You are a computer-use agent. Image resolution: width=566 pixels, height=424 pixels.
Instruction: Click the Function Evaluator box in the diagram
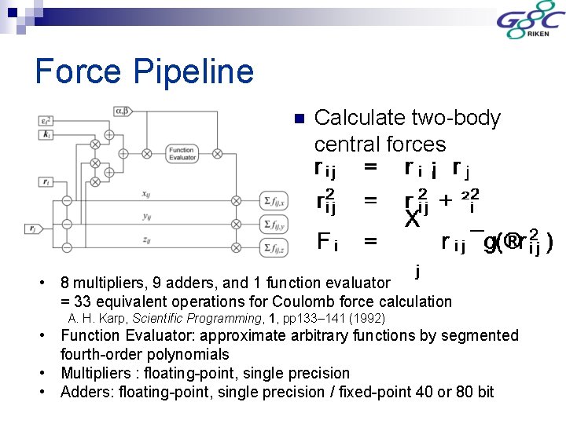(181, 154)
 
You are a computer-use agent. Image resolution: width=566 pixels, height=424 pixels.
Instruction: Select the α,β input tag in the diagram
(120, 112)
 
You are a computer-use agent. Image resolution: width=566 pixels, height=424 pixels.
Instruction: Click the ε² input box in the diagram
(46, 121)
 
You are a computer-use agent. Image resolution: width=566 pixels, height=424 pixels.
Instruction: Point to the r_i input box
(46, 183)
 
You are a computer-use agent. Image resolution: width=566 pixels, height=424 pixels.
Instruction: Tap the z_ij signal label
(146, 240)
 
